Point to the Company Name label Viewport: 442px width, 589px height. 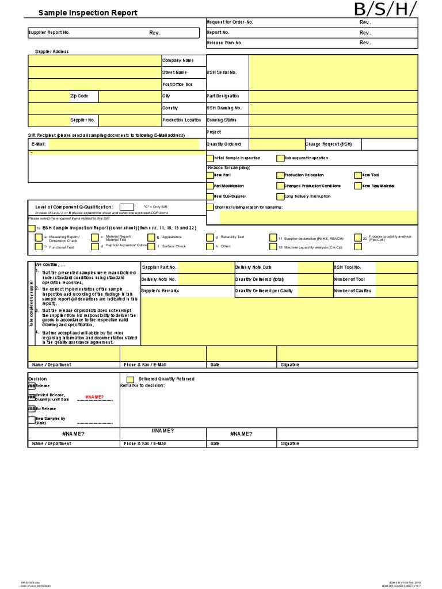178,60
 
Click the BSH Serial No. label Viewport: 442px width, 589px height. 222,72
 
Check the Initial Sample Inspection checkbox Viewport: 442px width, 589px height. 210,158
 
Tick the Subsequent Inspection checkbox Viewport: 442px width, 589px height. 280,158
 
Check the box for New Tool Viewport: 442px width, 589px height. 358,175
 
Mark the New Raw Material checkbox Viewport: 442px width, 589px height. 358,186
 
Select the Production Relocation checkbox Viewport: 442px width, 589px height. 280,175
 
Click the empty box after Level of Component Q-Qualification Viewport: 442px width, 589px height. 127,207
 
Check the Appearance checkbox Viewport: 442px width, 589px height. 151,237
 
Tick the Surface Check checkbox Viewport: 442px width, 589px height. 151,246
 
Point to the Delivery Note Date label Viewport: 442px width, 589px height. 253,267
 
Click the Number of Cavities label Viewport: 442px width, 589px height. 352,291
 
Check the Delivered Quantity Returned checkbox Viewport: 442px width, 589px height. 130,380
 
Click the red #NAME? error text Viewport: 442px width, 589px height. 94,397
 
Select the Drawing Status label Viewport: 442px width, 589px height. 222,120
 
